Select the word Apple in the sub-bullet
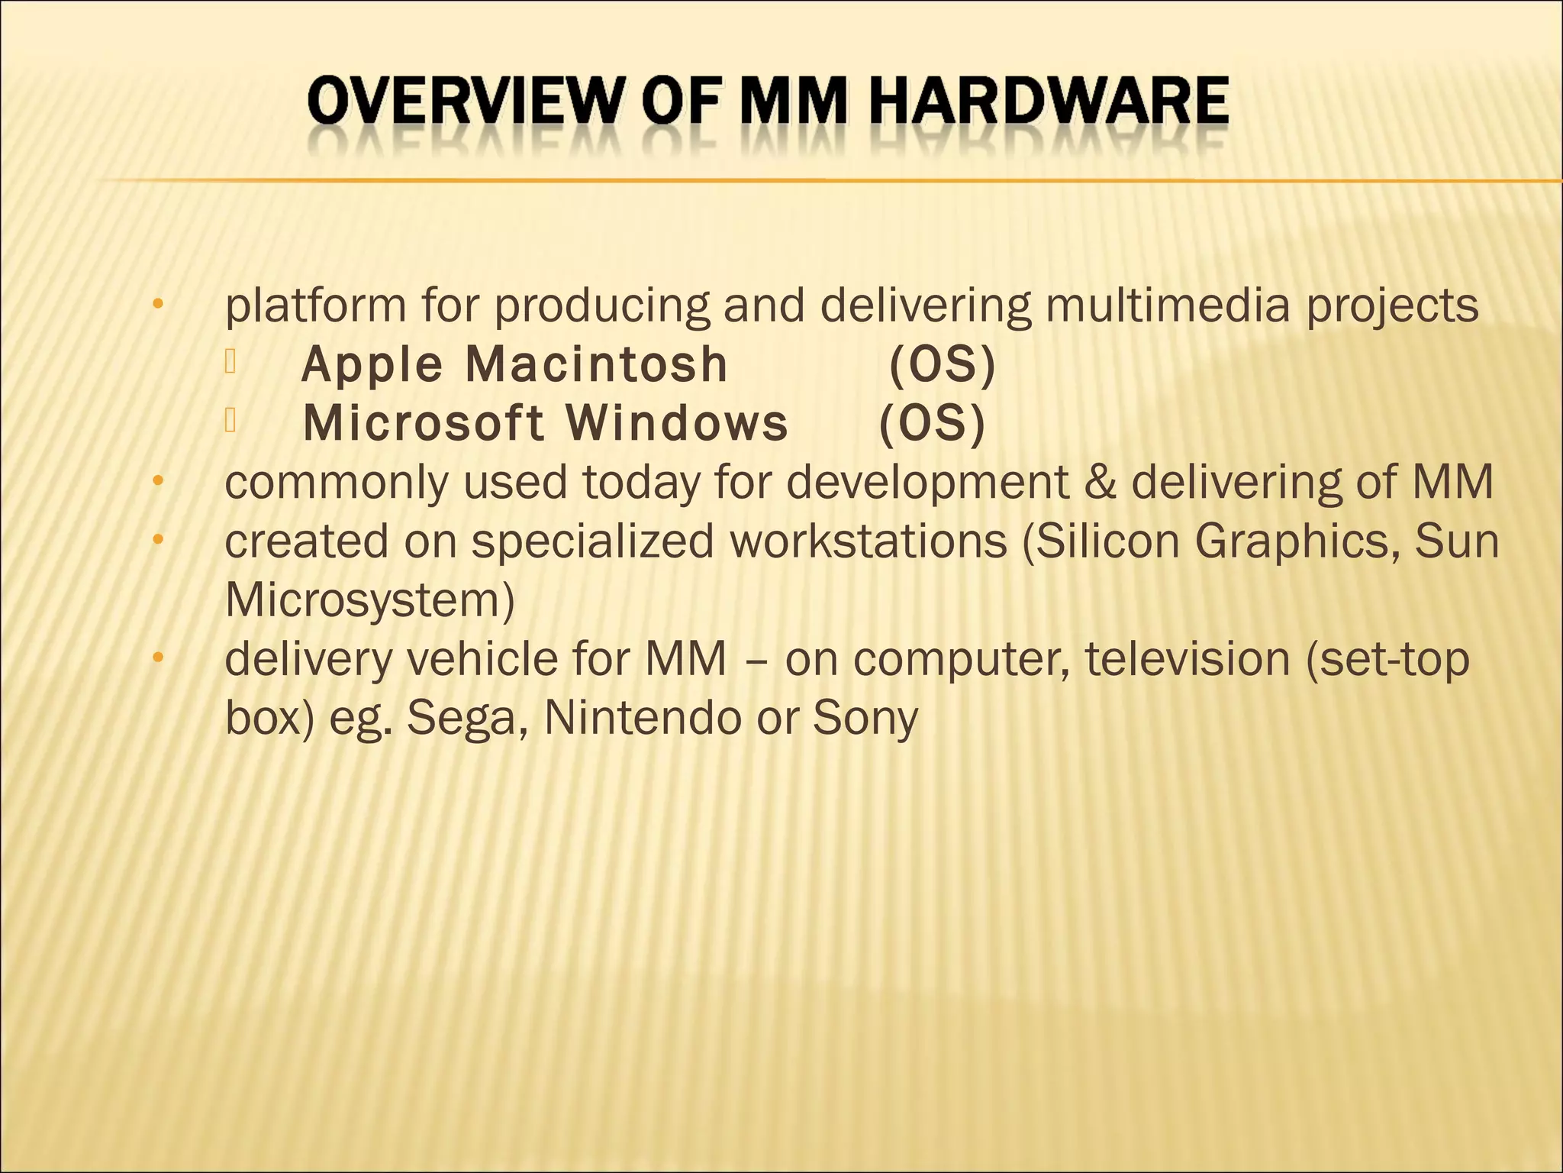click(372, 364)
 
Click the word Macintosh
click(597, 364)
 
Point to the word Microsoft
click(424, 423)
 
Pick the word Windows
click(677, 423)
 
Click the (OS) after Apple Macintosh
click(943, 364)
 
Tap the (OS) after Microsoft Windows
click(933, 423)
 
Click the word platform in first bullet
click(315, 305)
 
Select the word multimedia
click(1167, 305)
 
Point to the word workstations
click(869, 541)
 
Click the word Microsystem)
click(370, 601)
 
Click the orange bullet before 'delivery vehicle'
click(158, 658)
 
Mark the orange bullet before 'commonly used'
click(158, 481)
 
